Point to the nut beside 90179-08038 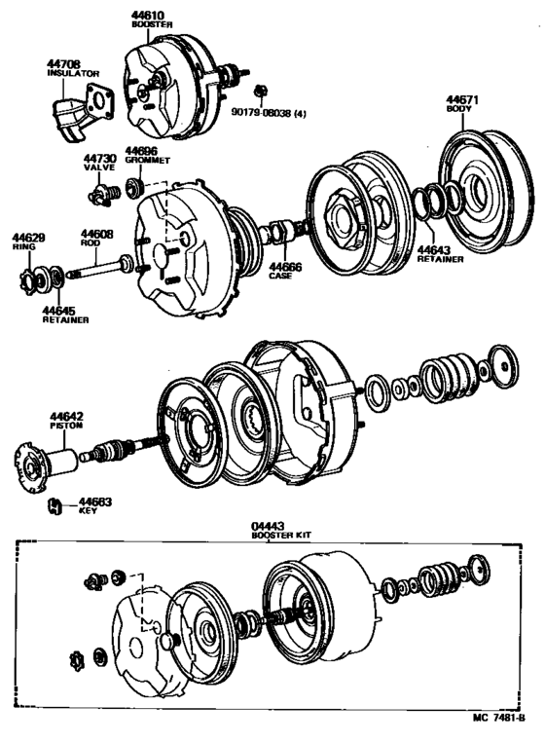pos(259,92)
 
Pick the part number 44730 pos(98,158)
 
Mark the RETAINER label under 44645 pos(64,320)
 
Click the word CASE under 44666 pos(280,277)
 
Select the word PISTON pos(68,425)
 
